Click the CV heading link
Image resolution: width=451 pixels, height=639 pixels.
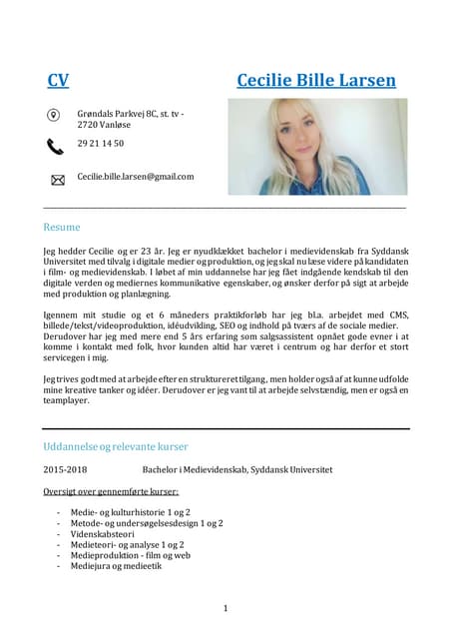click(58, 80)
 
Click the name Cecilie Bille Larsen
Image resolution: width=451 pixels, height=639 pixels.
click(316, 80)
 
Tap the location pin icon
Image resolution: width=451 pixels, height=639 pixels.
click(55, 115)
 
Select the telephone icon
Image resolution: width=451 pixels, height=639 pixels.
click(55, 146)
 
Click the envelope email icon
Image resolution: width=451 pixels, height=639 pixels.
click(57, 179)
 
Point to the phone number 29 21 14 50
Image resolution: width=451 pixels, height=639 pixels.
click(101, 144)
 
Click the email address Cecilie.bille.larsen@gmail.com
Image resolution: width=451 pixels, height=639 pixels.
click(136, 176)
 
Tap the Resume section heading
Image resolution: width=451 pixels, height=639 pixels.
click(61, 227)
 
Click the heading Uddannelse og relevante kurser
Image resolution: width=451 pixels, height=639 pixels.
click(116, 445)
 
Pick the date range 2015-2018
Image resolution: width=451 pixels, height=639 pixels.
click(65, 468)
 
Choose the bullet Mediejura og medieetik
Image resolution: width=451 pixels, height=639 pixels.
click(116, 566)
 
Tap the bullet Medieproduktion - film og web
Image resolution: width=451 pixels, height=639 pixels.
click(130, 555)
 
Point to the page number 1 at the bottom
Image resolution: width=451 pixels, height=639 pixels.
click(225, 608)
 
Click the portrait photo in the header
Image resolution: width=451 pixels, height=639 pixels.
click(317, 146)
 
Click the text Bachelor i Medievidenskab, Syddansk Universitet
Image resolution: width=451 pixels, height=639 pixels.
click(237, 468)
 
